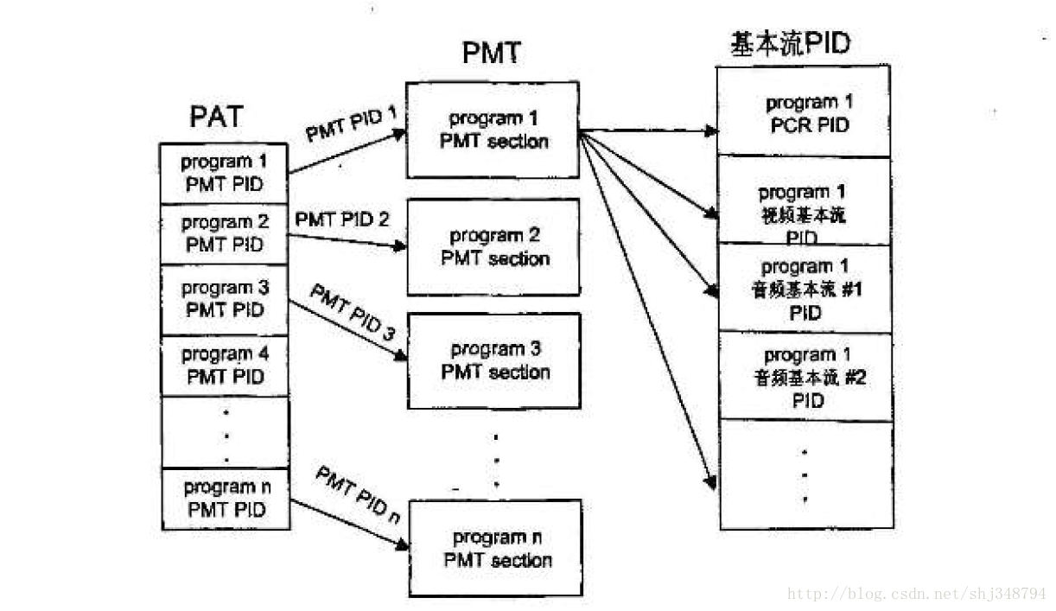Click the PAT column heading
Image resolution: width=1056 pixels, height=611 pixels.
tap(216, 117)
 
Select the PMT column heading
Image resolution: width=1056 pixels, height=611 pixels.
tap(492, 54)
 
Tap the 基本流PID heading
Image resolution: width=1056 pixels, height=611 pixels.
tap(790, 43)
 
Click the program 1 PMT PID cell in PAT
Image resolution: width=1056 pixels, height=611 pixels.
tap(225, 173)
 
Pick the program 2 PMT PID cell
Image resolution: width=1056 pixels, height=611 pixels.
tap(225, 233)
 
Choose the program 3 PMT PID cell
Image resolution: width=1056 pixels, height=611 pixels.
tap(225, 299)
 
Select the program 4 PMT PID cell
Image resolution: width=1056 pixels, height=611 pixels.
tap(225, 365)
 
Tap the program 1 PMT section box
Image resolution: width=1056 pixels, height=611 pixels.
tap(493, 130)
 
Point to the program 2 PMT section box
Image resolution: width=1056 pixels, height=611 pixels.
tap(494, 247)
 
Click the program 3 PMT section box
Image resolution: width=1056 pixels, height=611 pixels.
tap(494, 361)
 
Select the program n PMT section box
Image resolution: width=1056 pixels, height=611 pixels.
tap(496, 549)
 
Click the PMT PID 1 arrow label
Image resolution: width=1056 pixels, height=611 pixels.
tap(350, 123)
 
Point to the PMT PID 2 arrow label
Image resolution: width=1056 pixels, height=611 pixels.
tap(341, 220)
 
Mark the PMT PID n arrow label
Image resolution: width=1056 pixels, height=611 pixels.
tap(357, 493)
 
